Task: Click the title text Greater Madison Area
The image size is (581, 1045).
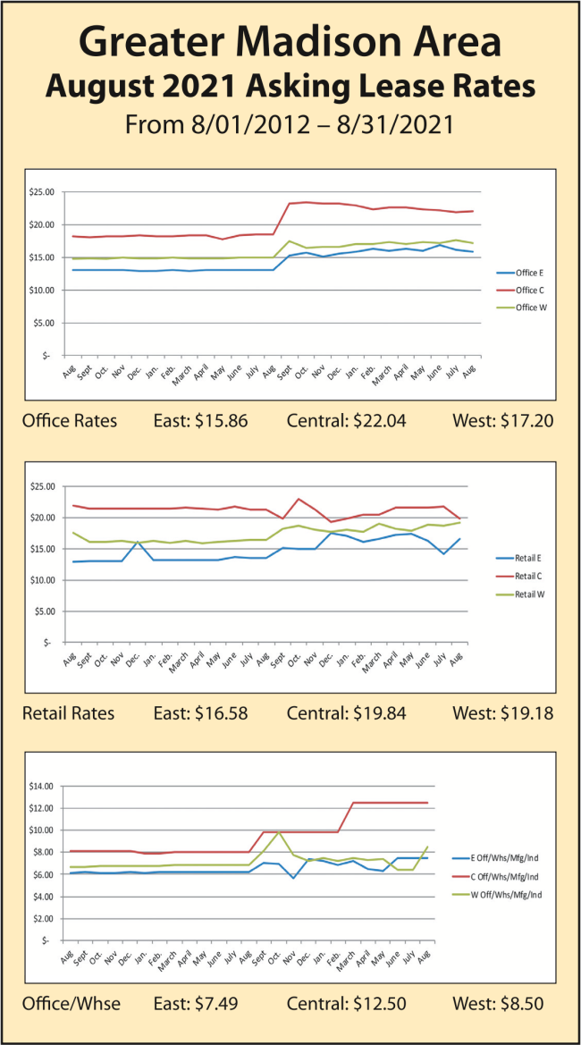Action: coord(290,42)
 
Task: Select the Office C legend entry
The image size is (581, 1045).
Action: coord(526,290)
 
